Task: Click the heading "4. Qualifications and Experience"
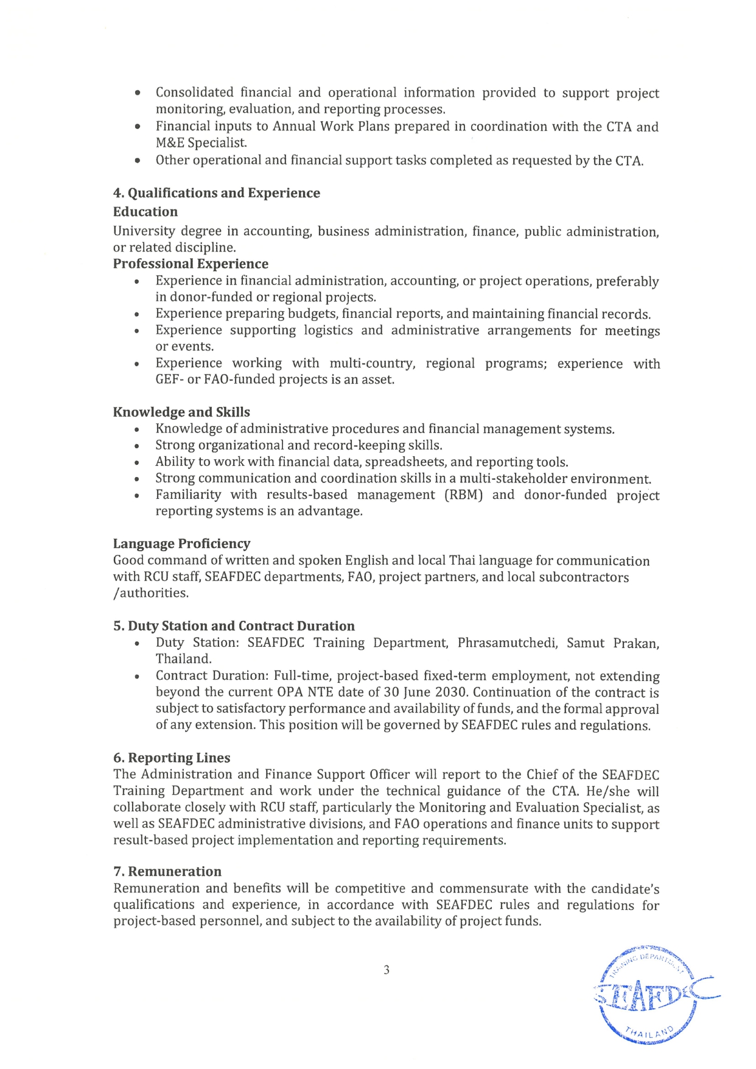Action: point(216,193)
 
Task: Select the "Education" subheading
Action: point(145,212)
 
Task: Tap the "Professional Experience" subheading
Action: point(191,264)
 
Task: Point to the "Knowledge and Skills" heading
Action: point(181,412)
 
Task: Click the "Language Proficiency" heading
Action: point(181,543)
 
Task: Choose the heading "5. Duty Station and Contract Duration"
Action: point(234,626)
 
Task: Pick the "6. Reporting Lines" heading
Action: point(172,758)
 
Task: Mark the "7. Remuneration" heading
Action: point(167,872)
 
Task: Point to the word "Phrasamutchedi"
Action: point(508,643)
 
